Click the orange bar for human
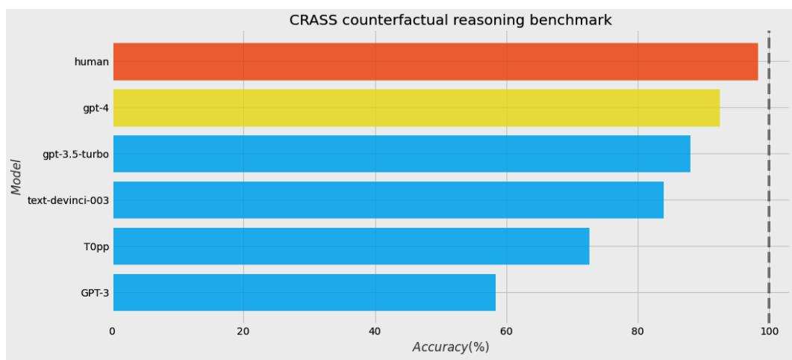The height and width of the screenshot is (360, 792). click(435, 61)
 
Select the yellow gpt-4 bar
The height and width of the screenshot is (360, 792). click(416, 108)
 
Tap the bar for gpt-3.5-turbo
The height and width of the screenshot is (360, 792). click(401, 154)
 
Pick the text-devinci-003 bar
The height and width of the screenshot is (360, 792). click(387, 200)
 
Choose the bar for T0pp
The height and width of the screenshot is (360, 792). click(351, 246)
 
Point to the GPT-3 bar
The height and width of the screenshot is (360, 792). click(304, 293)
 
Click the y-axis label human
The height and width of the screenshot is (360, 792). click(91, 62)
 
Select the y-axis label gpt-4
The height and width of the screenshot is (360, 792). click(96, 108)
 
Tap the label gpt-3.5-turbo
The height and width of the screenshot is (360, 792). click(76, 155)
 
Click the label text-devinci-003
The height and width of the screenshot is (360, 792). click(68, 201)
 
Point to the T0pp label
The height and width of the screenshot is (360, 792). click(96, 247)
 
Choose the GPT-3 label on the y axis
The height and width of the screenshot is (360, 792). click(95, 294)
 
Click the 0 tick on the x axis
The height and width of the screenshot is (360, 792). click(113, 331)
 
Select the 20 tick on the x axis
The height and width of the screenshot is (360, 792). click(243, 331)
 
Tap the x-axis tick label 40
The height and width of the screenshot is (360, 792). click(375, 331)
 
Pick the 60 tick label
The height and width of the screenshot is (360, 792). click(506, 331)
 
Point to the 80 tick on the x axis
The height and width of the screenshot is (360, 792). click(637, 331)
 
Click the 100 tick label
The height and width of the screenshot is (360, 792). click(769, 331)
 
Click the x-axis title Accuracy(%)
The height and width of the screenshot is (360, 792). click(451, 347)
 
